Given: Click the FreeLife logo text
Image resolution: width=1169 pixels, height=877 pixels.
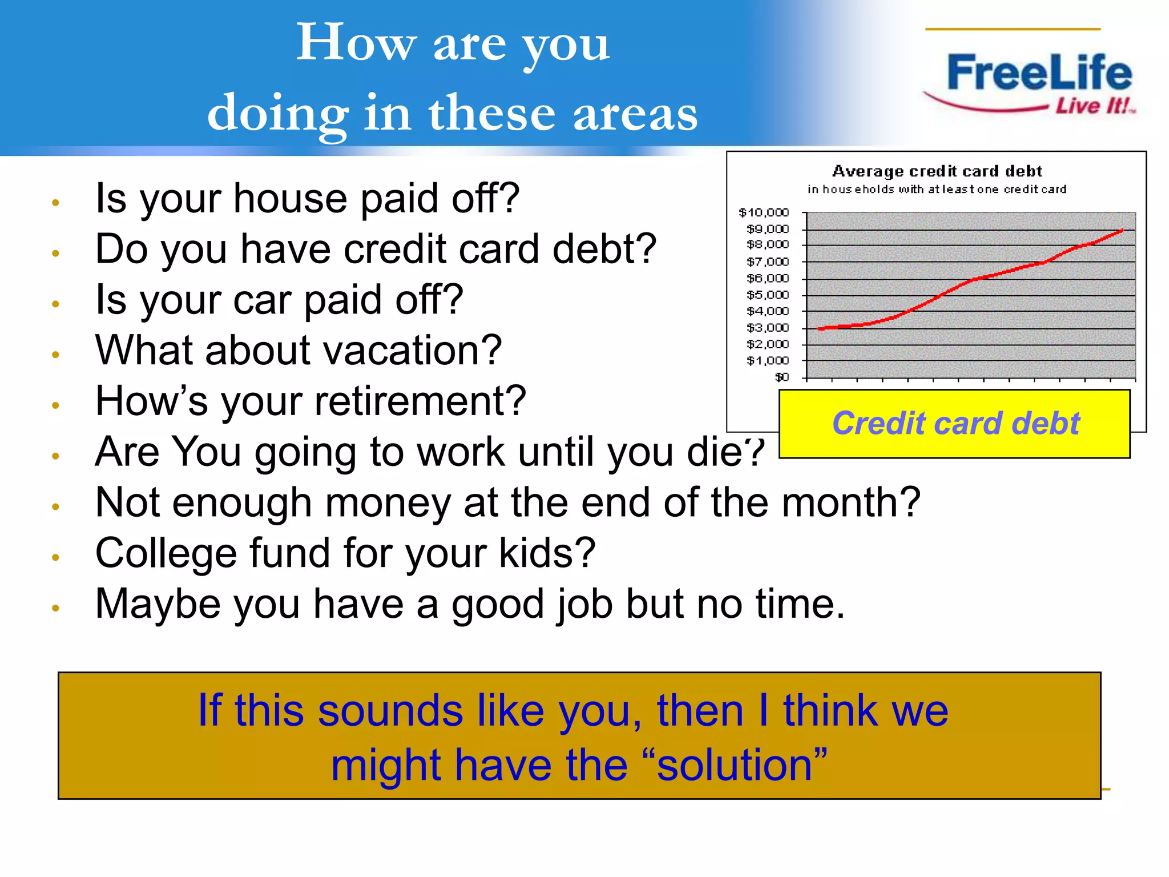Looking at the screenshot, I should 1039,73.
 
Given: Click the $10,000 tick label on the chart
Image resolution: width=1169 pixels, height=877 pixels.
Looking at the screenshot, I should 763,212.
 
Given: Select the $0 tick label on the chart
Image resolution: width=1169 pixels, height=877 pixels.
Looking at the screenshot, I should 781,377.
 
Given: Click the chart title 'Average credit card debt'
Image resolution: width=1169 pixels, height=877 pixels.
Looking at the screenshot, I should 937,171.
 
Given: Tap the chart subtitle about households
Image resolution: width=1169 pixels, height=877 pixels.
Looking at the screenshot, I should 937,189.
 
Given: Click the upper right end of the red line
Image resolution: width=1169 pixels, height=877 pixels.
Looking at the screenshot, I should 1122,230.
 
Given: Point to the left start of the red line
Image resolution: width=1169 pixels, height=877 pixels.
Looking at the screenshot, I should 820,329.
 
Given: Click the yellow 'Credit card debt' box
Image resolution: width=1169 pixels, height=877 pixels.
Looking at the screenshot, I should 955,424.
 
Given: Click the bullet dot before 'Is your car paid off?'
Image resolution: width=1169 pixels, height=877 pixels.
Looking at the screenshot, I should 55,304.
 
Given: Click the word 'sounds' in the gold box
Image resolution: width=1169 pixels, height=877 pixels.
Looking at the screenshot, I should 390,711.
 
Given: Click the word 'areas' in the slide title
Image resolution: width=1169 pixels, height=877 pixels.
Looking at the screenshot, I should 635,112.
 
